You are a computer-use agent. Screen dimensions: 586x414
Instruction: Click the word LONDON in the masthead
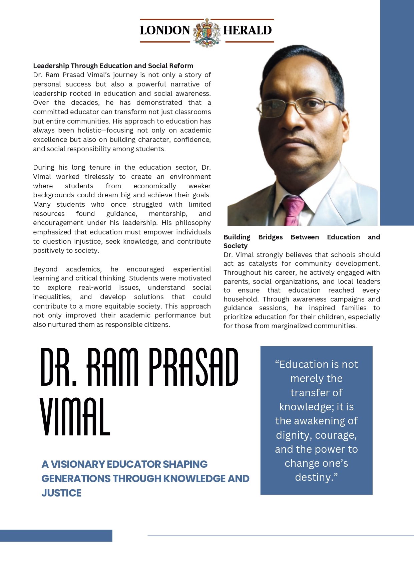coord(165,30)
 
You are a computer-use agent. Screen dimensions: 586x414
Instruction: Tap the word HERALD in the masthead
coord(248,30)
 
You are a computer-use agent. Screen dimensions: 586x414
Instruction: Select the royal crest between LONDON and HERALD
coord(207,32)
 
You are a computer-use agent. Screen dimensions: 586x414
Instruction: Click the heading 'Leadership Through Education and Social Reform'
coord(113,66)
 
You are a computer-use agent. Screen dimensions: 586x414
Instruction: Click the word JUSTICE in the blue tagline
coord(61,493)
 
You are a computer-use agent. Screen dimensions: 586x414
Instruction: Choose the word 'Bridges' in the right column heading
coord(271,237)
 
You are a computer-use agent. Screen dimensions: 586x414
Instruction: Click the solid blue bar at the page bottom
coord(56,536)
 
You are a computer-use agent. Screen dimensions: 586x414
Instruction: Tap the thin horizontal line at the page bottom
coord(280,536)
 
